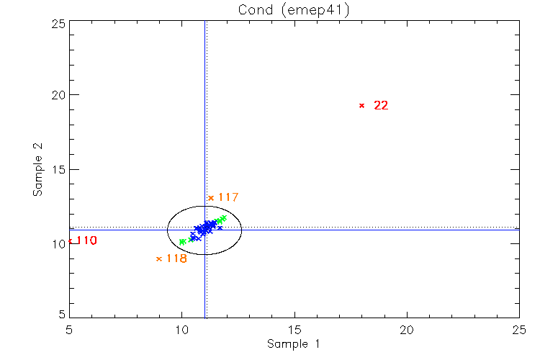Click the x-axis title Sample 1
pyautogui.click(x=293, y=344)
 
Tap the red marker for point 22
pyautogui.click(x=361, y=105)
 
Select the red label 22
pyautogui.click(x=381, y=105)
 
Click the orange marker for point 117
pyautogui.click(x=211, y=197)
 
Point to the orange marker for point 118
pyautogui.click(x=159, y=258)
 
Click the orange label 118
pyautogui.click(x=176, y=258)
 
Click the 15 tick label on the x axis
pyautogui.click(x=294, y=328)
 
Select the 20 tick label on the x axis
pyautogui.click(x=407, y=328)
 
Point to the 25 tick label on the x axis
pyautogui.click(x=519, y=328)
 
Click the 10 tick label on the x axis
pyautogui.click(x=181, y=328)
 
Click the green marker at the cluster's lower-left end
pyautogui.click(x=182, y=241)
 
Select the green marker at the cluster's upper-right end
pyautogui.click(x=223, y=218)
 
